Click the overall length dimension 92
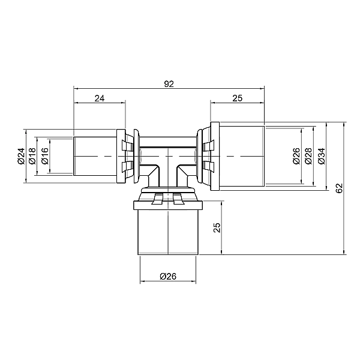point(169,84)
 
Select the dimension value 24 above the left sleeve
point(100,98)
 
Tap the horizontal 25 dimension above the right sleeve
point(237,98)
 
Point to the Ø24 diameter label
point(21,156)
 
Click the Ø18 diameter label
point(32,156)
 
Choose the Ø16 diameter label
point(45,156)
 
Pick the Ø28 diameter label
point(308,156)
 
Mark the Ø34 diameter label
point(322,156)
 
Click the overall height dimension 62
point(339,188)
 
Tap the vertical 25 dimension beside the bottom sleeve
point(217,228)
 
